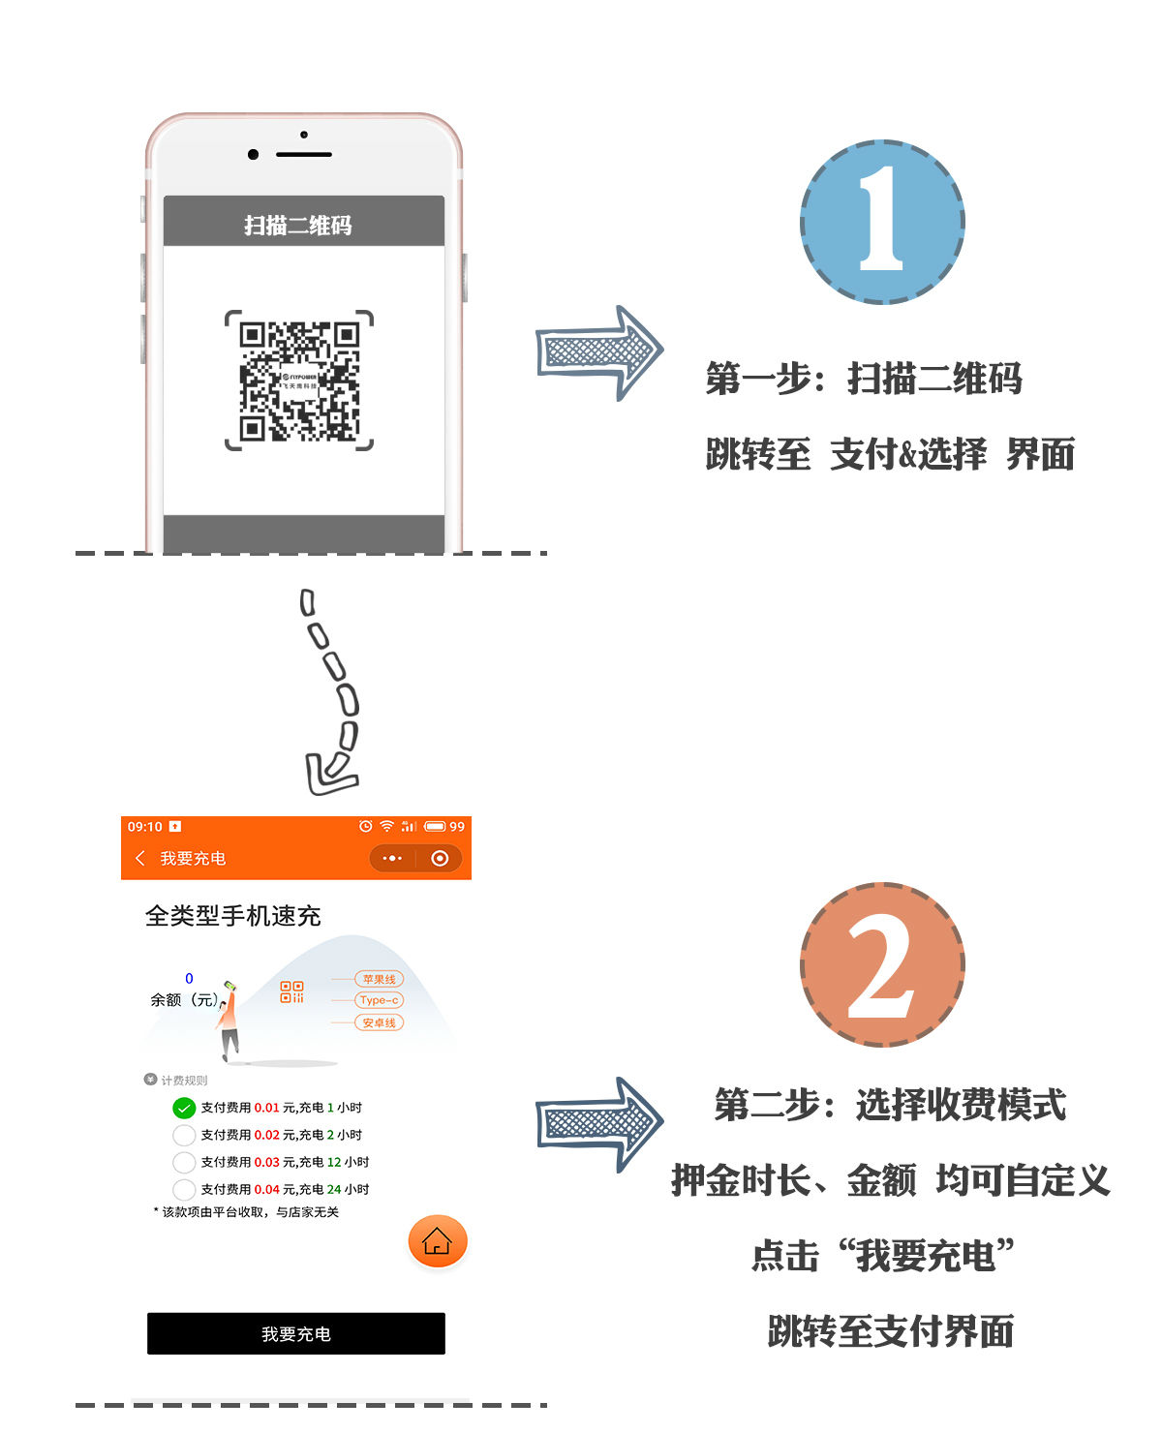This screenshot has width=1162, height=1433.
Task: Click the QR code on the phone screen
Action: pos(299,381)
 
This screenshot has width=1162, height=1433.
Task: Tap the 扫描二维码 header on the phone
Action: pos(298,225)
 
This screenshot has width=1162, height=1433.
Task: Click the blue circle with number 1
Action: pos(882,222)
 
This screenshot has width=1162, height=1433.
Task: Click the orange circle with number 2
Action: pos(882,964)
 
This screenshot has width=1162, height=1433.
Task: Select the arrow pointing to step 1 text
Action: pos(599,352)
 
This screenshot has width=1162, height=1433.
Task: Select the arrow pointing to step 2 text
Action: pos(599,1124)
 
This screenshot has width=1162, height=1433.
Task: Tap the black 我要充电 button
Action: pos(296,1333)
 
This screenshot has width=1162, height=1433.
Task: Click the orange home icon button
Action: pos(438,1240)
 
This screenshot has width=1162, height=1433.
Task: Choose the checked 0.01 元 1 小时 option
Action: pos(184,1108)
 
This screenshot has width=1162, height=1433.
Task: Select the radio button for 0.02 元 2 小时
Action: pos(184,1135)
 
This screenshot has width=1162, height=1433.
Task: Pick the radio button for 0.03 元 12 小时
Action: pos(184,1162)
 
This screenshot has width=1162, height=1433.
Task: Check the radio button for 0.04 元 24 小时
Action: pos(184,1189)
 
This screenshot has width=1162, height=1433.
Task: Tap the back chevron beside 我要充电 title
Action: pos(140,858)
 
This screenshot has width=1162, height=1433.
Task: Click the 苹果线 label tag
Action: pos(379,979)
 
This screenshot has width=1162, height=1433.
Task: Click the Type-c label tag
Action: pos(379,1000)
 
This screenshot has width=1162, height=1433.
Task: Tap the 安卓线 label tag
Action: pos(379,1022)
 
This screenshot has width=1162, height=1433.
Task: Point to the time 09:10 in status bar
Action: pos(145,827)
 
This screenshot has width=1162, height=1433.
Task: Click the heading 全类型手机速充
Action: pos(232,916)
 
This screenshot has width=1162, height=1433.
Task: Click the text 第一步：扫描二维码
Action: pos(864,379)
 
